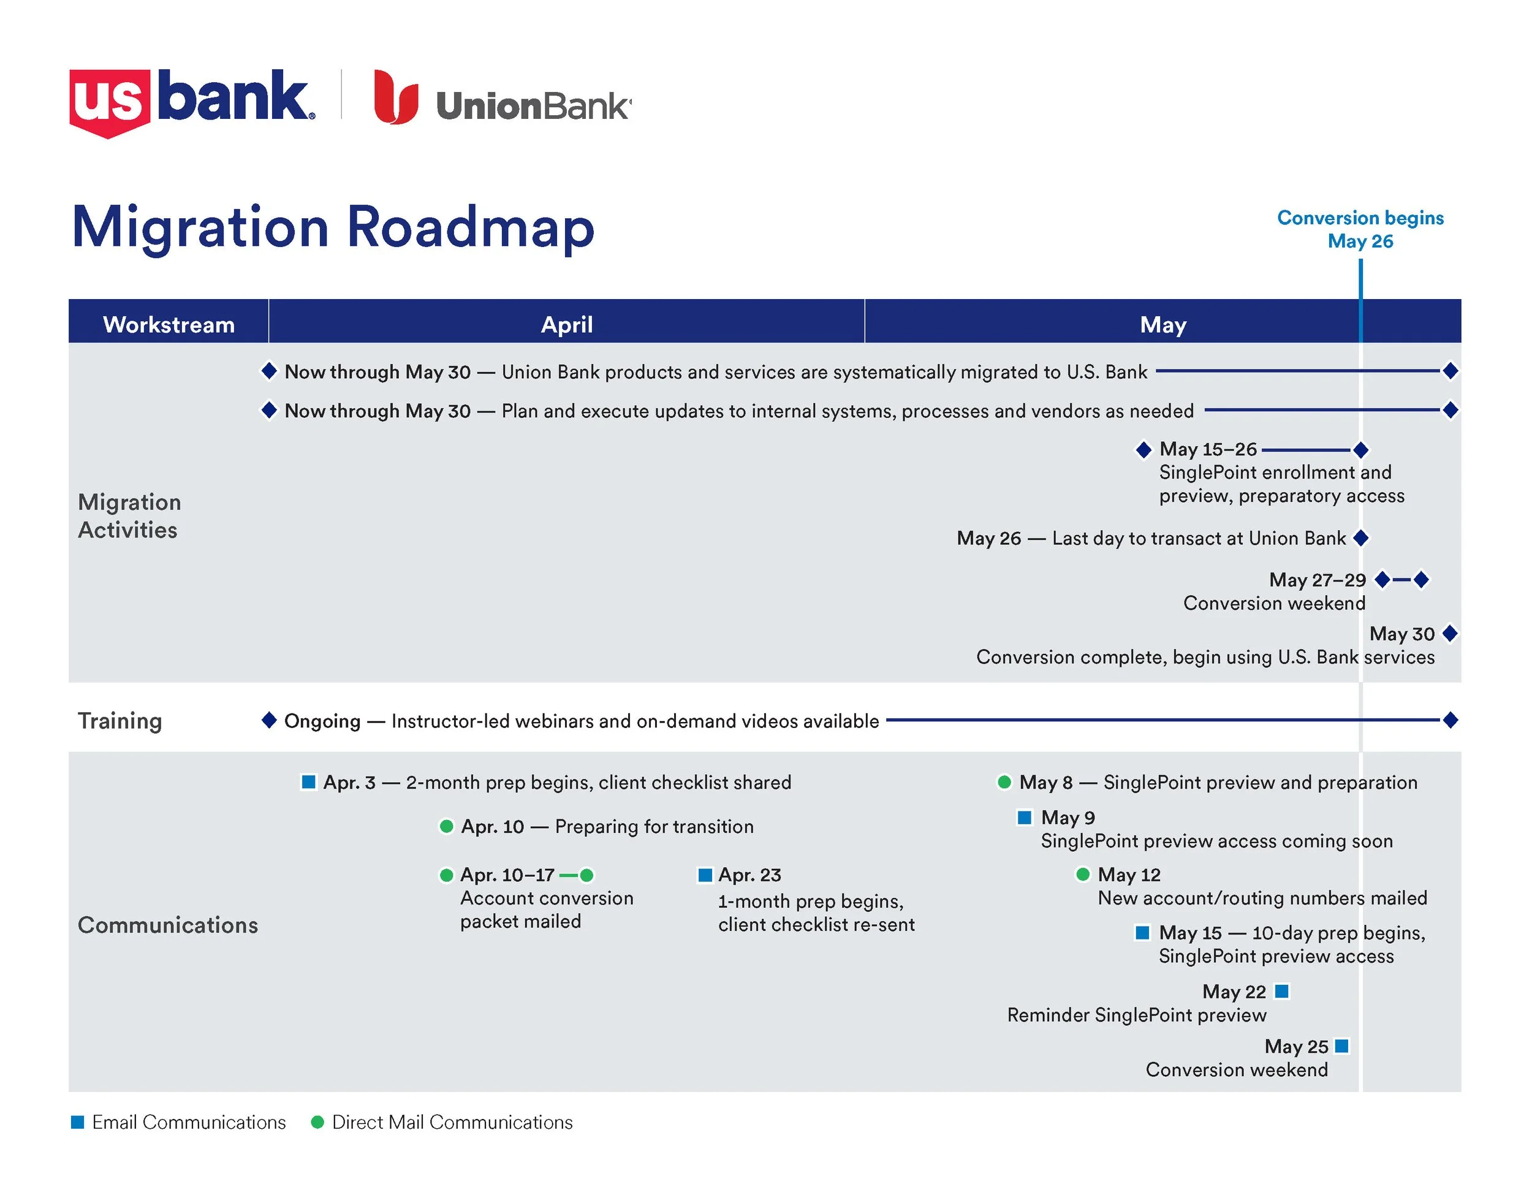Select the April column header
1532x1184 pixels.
click(566, 324)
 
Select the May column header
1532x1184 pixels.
click(1162, 324)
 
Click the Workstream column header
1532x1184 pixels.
click(169, 324)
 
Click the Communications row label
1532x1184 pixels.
click(168, 925)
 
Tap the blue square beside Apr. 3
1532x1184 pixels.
click(308, 781)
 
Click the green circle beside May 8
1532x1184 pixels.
click(1004, 781)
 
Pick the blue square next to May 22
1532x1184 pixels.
click(1281, 990)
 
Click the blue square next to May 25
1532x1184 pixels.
click(1341, 1046)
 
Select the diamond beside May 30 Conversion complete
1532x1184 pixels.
click(1450, 634)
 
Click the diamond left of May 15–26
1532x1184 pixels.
click(1143, 449)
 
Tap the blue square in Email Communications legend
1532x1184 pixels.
click(78, 1122)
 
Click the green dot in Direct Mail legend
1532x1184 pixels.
click(317, 1122)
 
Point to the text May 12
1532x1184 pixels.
click(1129, 875)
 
